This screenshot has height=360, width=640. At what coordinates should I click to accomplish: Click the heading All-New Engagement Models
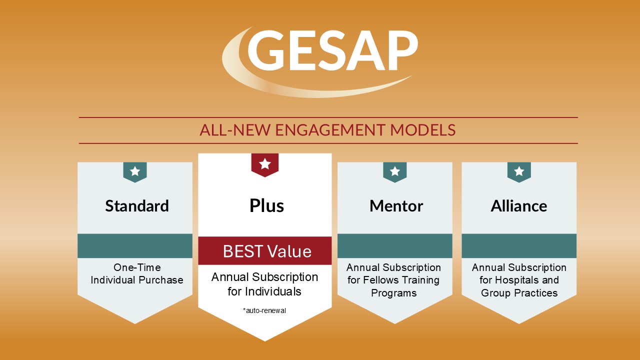[327, 130]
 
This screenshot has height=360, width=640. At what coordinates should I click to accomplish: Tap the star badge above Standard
[135, 171]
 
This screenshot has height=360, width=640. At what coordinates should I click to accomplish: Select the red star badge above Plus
[264, 164]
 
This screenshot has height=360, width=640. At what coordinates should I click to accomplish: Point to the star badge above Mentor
[395, 171]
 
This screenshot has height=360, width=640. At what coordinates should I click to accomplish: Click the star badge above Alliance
[519, 171]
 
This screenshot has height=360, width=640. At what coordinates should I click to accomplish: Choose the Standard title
[137, 206]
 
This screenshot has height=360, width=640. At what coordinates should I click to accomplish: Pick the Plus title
[266, 206]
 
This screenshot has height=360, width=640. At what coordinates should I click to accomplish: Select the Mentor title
[396, 206]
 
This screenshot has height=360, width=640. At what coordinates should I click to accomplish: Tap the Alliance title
[519, 206]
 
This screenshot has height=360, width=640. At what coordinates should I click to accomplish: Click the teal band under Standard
[135, 246]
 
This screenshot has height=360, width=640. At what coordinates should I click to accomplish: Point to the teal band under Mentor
[395, 246]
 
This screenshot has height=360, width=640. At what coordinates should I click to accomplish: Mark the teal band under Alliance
[519, 246]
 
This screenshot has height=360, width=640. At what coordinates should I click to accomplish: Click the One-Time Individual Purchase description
[136, 274]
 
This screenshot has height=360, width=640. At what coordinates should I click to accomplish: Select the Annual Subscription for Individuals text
[264, 283]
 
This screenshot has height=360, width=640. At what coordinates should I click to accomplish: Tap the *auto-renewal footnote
[264, 311]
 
